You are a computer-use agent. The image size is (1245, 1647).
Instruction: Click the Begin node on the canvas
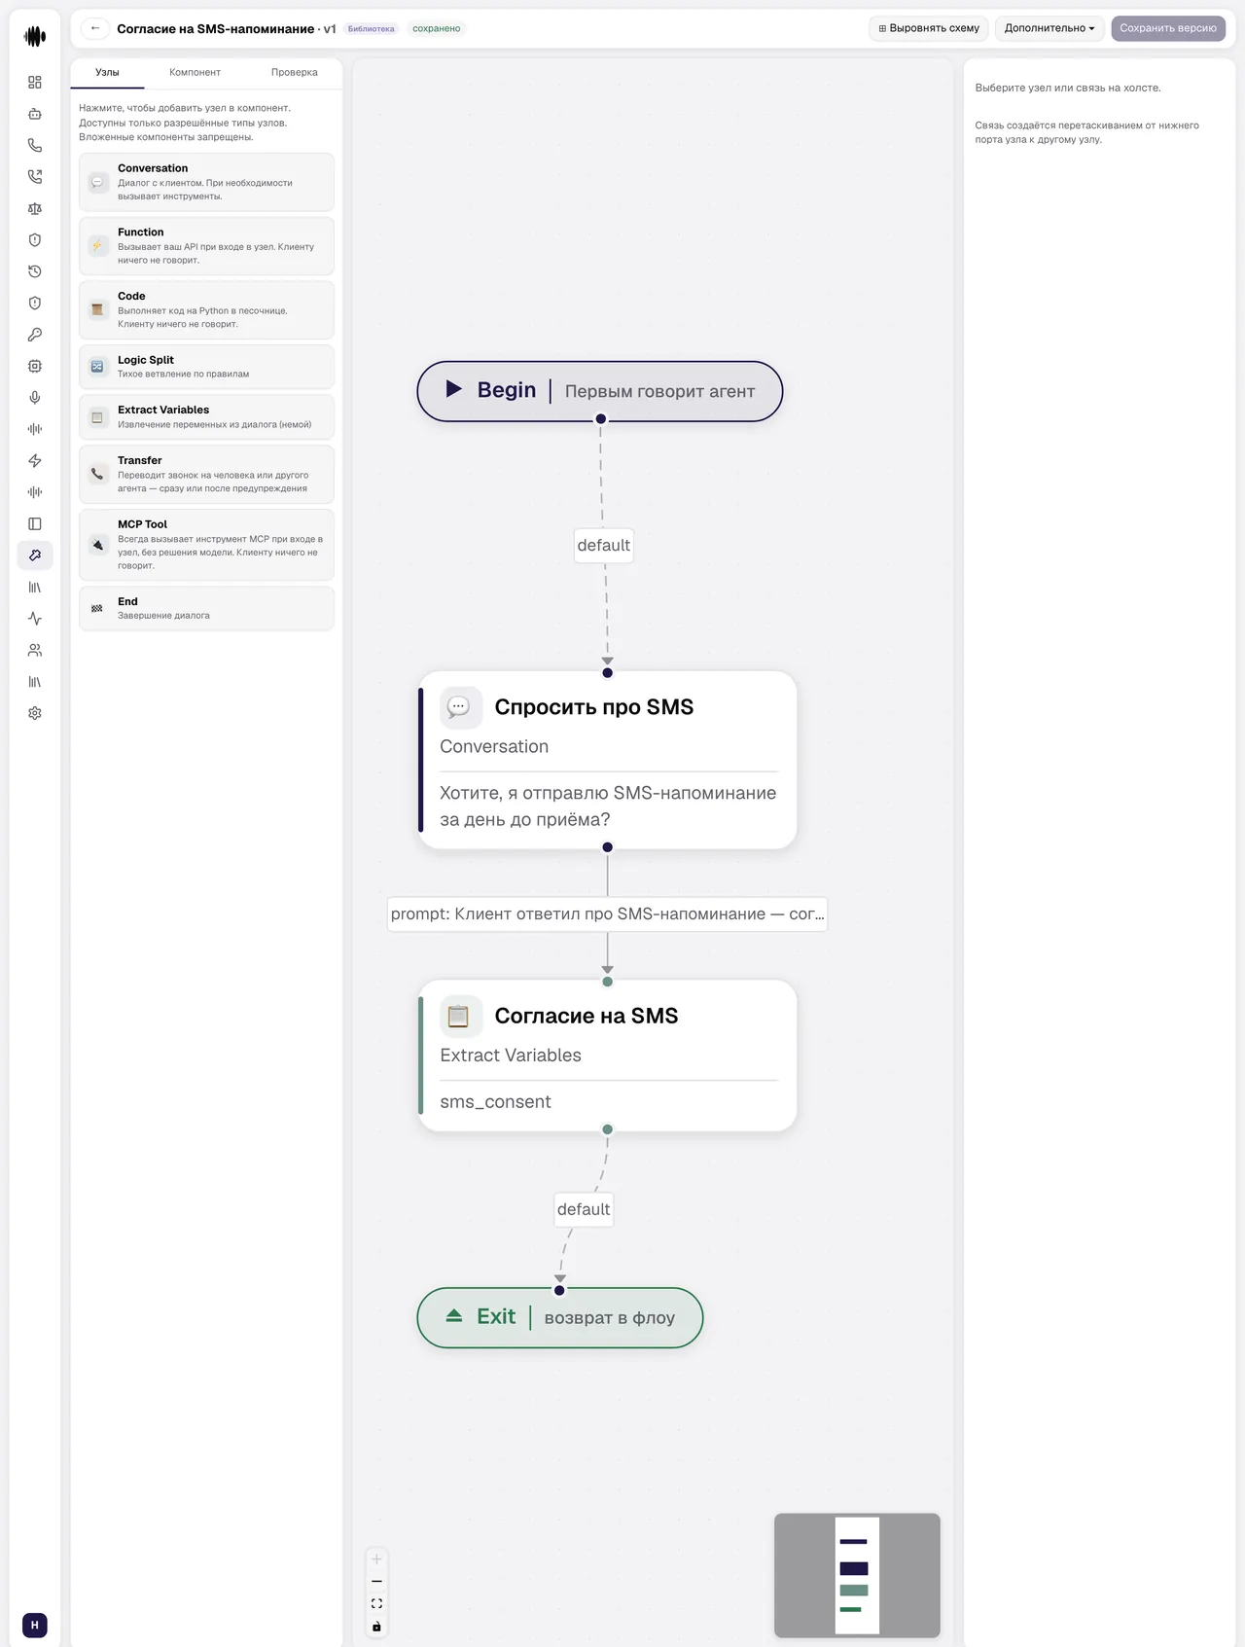pyautogui.click(x=599, y=391)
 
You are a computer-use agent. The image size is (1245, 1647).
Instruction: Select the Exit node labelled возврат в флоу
pyautogui.click(x=559, y=1317)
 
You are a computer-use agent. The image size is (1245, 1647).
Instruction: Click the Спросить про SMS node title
pyautogui.click(x=593, y=707)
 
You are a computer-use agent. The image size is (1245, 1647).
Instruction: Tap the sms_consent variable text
pyautogui.click(x=495, y=1101)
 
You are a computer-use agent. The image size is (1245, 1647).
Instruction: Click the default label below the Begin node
pyautogui.click(x=603, y=545)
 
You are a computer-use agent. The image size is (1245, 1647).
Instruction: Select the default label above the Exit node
pyautogui.click(x=584, y=1209)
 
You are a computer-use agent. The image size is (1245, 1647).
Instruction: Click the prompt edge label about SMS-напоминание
pyautogui.click(x=607, y=914)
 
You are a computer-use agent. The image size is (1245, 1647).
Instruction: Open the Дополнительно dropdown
pyautogui.click(x=1049, y=28)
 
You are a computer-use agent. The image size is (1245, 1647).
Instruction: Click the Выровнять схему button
pyautogui.click(x=928, y=28)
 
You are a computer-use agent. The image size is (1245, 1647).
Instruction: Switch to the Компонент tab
pyautogui.click(x=195, y=72)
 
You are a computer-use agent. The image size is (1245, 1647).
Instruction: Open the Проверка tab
pyautogui.click(x=294, y=72)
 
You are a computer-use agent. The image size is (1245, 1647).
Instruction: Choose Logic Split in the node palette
pyautogui.click(x=206, y=367)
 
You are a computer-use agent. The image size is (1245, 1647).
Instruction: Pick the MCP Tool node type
pyautogui.click(x=206, y=545)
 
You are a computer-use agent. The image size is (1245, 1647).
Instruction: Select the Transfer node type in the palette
pyautogui.click(x=206, y=475)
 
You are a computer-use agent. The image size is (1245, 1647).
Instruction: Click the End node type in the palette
pyautogui.click(x=206, y=608)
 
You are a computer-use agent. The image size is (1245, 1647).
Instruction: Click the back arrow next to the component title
pyautogui.click(x=95, y=28)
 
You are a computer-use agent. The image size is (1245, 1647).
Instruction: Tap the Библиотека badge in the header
pyautogui.click(x=371, y=29)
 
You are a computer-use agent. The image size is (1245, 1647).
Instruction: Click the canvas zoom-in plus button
pyautogui.click(x=376, y=1559)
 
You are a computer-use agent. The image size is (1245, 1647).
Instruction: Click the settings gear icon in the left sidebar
pyautogui.click(x=35, y=713)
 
